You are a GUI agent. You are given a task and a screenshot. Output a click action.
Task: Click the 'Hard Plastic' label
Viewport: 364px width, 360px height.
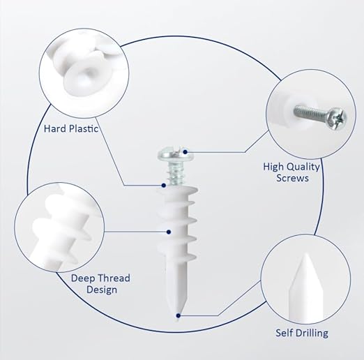71,128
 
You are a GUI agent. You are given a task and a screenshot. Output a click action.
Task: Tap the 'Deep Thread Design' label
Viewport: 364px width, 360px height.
100,284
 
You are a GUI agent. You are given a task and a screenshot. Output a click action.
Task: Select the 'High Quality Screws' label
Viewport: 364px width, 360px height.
291,172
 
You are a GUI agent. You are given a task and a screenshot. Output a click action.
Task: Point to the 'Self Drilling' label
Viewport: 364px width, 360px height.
302,333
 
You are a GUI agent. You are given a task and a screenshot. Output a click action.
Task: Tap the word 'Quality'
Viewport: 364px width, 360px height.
303,167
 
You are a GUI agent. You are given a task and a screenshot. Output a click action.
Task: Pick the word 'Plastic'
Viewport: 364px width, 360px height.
84,128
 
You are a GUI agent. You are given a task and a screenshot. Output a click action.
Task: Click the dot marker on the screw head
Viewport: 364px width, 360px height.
185,152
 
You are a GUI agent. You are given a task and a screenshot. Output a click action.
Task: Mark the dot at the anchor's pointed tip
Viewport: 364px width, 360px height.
179,315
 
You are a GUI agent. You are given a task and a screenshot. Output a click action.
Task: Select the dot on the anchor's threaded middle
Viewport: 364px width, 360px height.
169,232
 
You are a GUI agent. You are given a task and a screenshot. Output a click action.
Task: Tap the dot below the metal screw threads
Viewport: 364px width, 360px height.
164,186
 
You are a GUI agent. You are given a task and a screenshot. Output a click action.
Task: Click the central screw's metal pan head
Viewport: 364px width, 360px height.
176,154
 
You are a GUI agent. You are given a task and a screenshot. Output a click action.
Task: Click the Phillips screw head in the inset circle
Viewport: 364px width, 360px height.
336,119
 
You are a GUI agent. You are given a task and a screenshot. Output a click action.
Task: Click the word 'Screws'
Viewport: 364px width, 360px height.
292,178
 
